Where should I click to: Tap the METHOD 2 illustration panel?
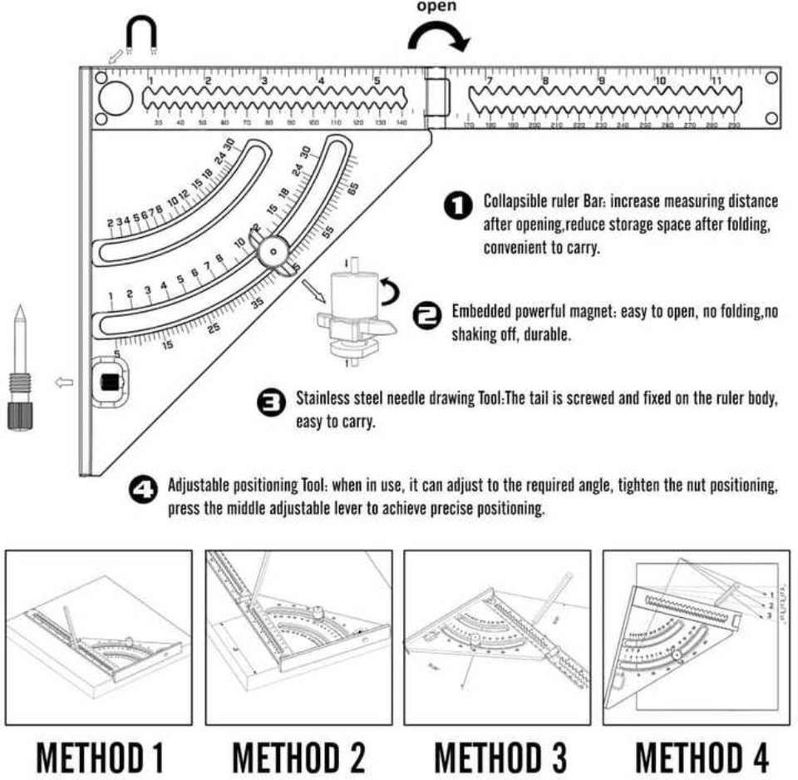click(x=298, y=636)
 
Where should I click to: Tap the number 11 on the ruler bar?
click(x=716, y=81)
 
